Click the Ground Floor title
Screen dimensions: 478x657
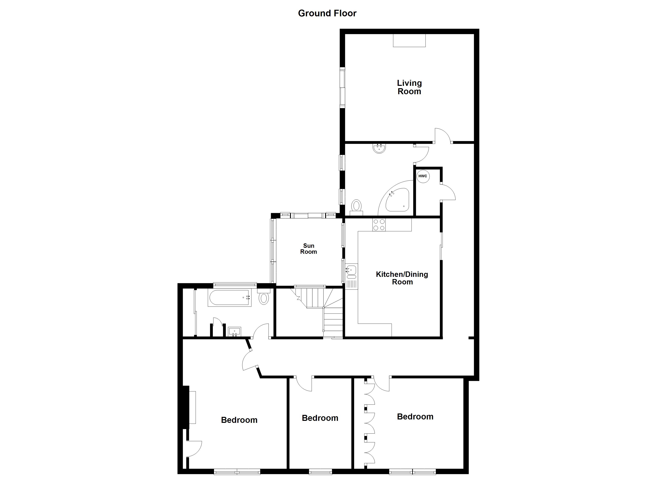click(327, 13)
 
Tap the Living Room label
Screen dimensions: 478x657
click(409, 87)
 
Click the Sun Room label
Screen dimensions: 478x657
click(309, 249)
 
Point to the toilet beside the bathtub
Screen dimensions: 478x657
click(263, 298)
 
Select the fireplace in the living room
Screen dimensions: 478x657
click(409, 41)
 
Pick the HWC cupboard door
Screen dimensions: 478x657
click(448, 192)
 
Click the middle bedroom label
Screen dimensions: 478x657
click(320, 418)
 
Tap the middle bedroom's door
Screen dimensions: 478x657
click(304, 384)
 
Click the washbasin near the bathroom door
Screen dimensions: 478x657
click(234, 331)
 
